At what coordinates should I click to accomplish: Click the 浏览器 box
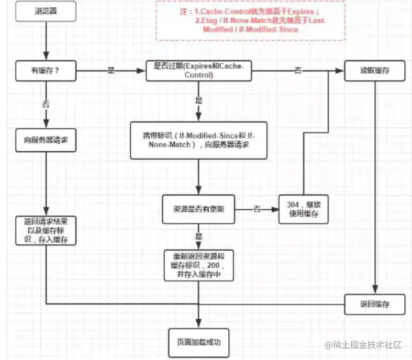pyautogui.click(x=47, y=11)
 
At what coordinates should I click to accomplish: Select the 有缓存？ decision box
pyautogui.click(x=47, y=71)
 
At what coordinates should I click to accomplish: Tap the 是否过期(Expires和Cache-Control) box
pyautogui.click(x=199, y=71)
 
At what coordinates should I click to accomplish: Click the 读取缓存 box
pyautogui.click(x=374, y=71)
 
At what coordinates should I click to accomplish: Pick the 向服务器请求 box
pyautogui.click(x=47, y=140)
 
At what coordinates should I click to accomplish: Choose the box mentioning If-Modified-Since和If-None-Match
pyautogui.click(x=199, y=140)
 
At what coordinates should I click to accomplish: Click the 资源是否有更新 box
pyautogui.click(x=199, y=209)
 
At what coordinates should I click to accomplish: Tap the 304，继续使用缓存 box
pyautogui.click(x=304, y=209)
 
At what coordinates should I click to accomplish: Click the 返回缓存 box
pyautogui.click(x=374, y=303)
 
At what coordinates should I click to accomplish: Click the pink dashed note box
pyautogui.click(x=250, y=20)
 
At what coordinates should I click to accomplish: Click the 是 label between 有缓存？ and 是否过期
pyautogui.click(x=111, y=71)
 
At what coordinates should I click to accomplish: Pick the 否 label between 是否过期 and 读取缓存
pyautogui.click(x=298, y=71)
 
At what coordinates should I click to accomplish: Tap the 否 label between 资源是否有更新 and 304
pyautogui.click(x=257, y=209)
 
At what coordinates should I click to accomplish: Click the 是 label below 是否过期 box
pyautogui.click(x=199, y=99)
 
